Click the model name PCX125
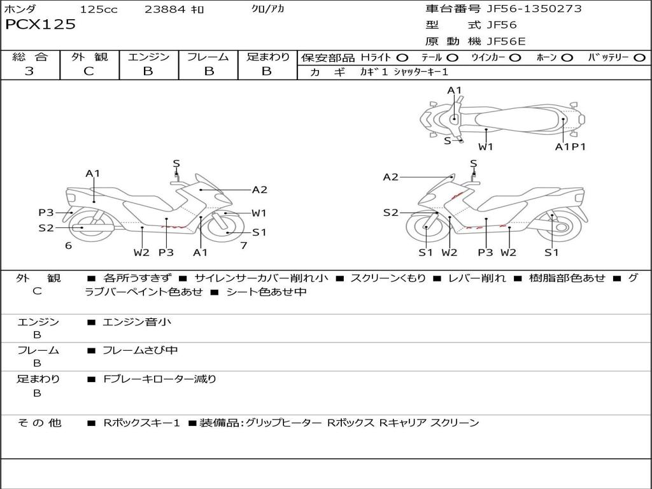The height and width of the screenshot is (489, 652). tap(40, 25)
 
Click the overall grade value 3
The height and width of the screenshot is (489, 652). tap(29, 71)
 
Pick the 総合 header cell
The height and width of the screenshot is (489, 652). tap(30, 57)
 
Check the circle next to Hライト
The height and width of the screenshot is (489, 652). tap(402, 58)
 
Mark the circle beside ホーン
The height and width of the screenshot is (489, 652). tap(567, 58)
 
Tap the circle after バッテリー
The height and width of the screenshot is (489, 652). tap(639, 58)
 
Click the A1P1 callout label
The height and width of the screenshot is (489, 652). tap(570, 146)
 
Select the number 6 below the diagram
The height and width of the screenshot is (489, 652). tap(68, 245)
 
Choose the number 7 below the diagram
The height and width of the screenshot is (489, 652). tap(243, 245)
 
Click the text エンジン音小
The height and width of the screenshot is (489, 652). tap(137, 322)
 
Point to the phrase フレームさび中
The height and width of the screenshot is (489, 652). tap(140, 350)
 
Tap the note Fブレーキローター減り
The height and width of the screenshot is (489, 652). tap(160, 379)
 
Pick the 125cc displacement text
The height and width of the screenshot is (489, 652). tap(99, 10)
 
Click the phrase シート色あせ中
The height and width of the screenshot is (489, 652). tap(267, 292)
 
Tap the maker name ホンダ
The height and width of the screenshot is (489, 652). tap(20, 10)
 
